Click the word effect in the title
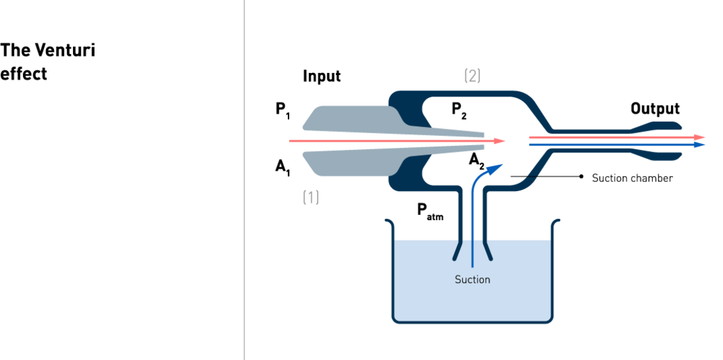[x=24, y=74]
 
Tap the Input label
[x=322, y=76]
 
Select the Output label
[x=655, y=109]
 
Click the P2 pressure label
[x=459, y=111]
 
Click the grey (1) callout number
[x=311, y=197]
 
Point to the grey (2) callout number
[x=472, y=76]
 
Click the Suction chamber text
[x=632, y=179]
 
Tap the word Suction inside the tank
[x=472, y=279]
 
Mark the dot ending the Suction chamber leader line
[x=582, y=177]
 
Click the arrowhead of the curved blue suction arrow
[x=494, y=168]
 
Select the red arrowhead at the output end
[x=700, y=137]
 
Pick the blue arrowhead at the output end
[x=700, y=145]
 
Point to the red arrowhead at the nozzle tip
[x=500, y=141]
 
